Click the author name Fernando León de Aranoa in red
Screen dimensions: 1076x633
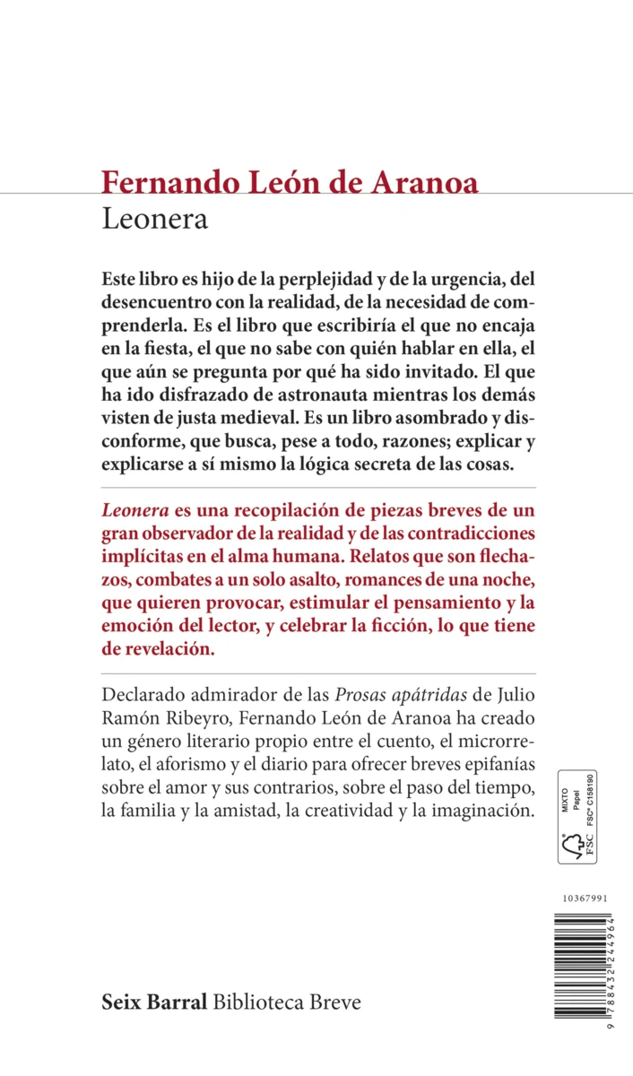290,181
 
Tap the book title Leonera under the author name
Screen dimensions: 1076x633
154,220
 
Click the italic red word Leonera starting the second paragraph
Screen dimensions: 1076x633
136,511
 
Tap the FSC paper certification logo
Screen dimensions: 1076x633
577,815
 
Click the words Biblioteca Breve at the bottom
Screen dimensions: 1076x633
287,1002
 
